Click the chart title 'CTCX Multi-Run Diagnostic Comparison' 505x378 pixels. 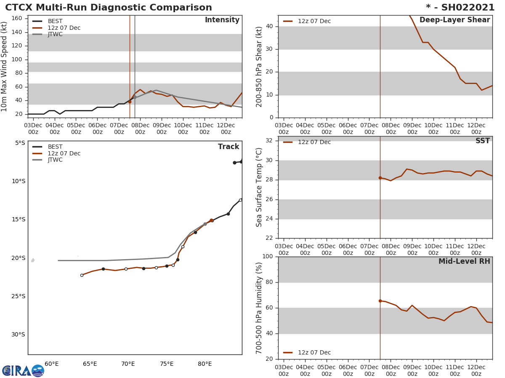[109, 8]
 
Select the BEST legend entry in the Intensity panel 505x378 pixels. [55, 21]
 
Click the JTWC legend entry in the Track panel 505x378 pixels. [55, 160]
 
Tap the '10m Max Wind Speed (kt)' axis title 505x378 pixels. [5, 66]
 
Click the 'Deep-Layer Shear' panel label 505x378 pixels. [454, 20]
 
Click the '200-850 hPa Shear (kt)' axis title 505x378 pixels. [260, 66]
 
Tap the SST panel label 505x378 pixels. [482, 141]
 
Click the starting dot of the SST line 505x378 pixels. [380, 178]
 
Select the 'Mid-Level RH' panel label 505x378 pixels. [464, 262]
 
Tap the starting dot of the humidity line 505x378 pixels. [380, 301]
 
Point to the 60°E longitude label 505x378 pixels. [51, 364]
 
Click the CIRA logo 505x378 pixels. [23, 371]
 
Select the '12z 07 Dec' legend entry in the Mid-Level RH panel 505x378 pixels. [314, 353]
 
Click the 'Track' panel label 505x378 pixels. [228, 147]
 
